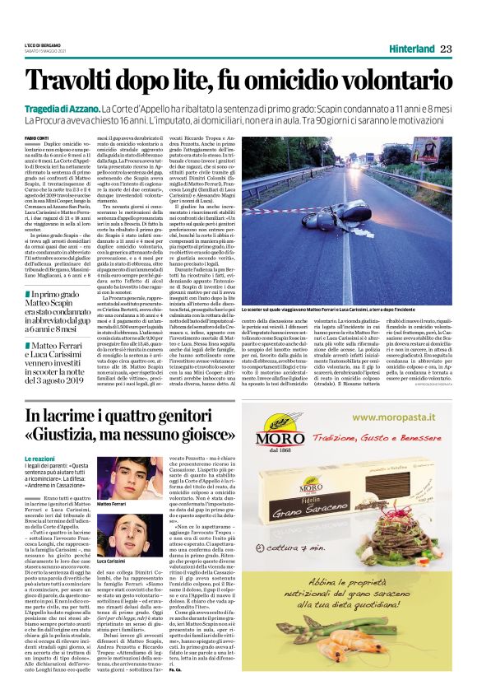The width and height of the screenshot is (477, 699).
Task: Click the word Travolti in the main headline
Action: click(x=79, y=81)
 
